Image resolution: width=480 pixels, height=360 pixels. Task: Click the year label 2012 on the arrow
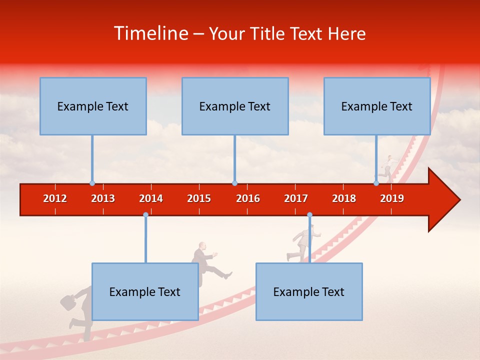click(x=55, y=198)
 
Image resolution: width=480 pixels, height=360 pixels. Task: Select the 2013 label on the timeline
click(x=103, y=198)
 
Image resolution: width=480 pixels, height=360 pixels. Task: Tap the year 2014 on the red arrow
click(x=151, y=198)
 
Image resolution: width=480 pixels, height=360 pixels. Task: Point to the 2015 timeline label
click(x=199, y=198)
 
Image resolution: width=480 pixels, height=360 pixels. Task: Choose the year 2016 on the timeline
click(x=248, y=198)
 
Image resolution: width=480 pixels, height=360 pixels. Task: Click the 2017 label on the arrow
click(x=296, y=198)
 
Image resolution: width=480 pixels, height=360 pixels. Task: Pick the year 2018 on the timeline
click(x=344, y=198)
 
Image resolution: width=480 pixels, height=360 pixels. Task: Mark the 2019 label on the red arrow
click(x=392, y=198)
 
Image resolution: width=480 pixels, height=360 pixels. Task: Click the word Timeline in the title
click(x=151, y=33)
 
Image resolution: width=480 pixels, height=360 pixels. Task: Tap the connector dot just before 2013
click(x=92, y=183)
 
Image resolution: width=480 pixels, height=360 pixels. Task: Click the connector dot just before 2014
click(x=145, y=215)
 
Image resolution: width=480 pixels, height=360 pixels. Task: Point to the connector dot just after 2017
click(x=309, y=215)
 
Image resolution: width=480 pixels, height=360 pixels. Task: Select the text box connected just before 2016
click(x=235, y=106)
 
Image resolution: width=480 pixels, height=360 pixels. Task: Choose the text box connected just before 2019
click(x=377, y=106)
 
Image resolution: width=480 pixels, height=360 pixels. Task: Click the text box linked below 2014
click(x=145, y=291)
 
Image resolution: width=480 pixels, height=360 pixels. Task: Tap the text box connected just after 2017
click(x=309, y=291)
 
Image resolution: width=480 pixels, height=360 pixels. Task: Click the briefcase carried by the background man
click(x=67, y=301)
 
